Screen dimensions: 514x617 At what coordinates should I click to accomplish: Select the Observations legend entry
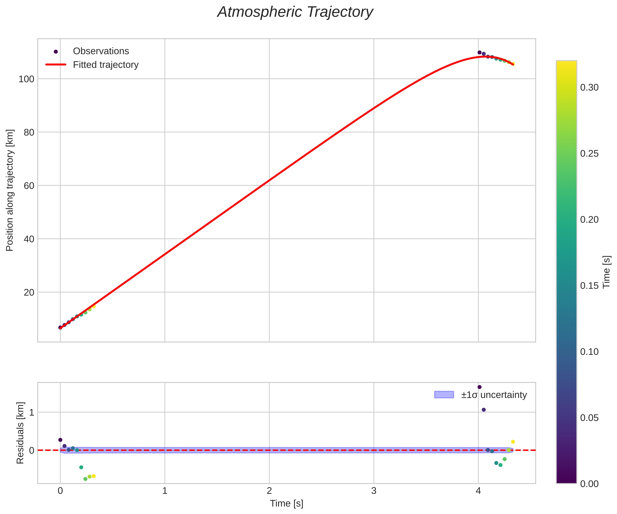tap(101, 51)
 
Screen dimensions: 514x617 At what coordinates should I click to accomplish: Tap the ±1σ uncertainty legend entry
tap(494, 395)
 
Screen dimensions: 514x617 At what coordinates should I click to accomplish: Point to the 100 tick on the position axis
tap(27, 79)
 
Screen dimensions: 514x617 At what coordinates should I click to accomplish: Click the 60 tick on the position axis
tap(29, 186)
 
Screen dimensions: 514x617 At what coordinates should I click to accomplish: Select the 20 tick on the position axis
tap(29, 292)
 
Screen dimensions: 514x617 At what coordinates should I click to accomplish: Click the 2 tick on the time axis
tap(269, 491)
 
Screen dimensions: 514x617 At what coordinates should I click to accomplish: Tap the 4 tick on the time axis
tap(478, 491)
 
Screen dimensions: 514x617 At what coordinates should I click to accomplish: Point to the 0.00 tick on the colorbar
tap(589, 484)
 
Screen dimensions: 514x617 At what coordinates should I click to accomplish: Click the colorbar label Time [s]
tap(606, 272)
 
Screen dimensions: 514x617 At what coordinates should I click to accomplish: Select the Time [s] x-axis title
tap(286, 503)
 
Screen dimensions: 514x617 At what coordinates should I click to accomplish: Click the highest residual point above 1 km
tap(479, 387)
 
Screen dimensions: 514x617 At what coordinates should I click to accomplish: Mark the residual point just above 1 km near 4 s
tap(484, 410)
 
